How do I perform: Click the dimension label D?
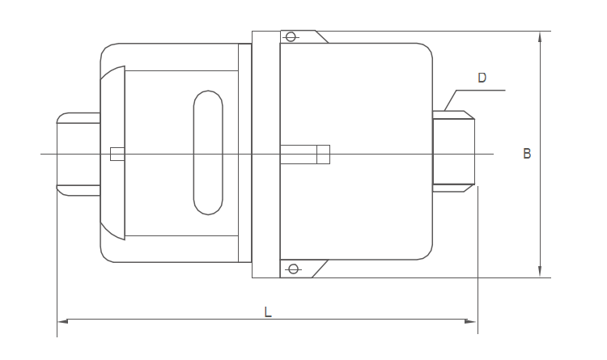coord(482,78)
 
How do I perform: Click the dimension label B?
coord(527,153)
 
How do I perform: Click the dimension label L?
coord(268,311)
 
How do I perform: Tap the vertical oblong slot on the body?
coord(209,152)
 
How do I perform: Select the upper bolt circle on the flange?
coord(293,36)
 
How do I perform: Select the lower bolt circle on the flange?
coord(293,269)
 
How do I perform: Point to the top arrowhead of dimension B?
coord(540,36)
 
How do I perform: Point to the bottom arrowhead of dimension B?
coord(540,272)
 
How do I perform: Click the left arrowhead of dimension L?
coord(62,321)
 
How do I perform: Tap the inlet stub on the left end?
coord(77,154)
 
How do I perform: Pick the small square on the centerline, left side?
coord(117,154)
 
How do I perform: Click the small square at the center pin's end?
coord(323,154)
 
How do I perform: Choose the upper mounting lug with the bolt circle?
coord(303,37)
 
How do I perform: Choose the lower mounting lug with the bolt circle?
coord(303,268)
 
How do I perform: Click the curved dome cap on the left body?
coord(113,152)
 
